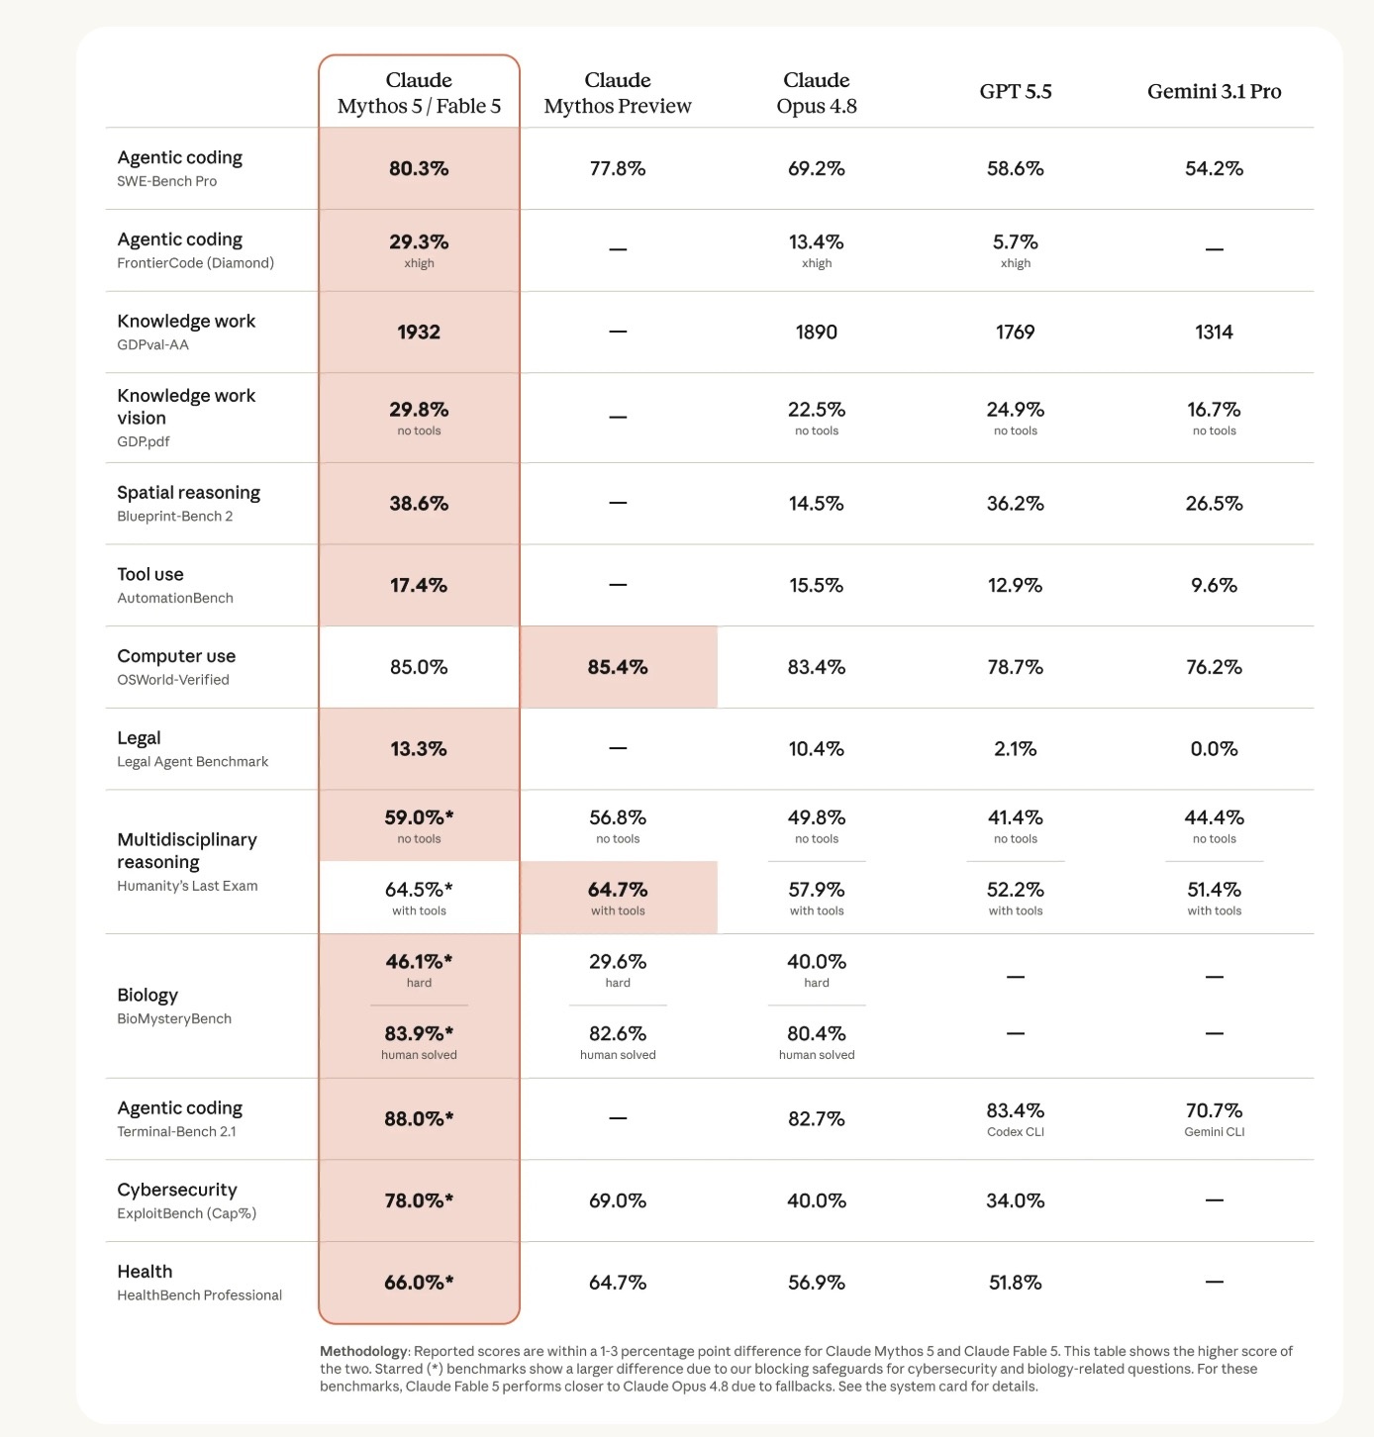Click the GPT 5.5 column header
coord(1015,92)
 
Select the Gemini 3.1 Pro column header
coord(1214,92)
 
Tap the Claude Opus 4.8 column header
coord(817,92)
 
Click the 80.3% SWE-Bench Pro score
coord(419,168)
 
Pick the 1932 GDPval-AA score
coord(419,332)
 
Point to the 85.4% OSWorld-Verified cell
coord(618,667)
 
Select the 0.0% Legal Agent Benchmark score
coord(1214,749)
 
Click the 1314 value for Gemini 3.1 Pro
coord(1214,332)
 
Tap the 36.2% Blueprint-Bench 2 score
coord(1015,503)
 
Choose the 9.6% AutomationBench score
coord(1214,585)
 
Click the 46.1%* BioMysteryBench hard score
coord(419,961)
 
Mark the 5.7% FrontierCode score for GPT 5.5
coord(1015,241)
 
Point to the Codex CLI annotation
coord(1015,1132)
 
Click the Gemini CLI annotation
coord(1214,1132)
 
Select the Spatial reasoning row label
coord(188,493)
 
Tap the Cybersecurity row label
coord(177,1190)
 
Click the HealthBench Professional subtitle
coord(199,1295)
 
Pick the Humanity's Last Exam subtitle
coord(187,886)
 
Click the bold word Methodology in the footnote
coord(363,1351)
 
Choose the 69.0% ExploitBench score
coord(618,1200)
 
